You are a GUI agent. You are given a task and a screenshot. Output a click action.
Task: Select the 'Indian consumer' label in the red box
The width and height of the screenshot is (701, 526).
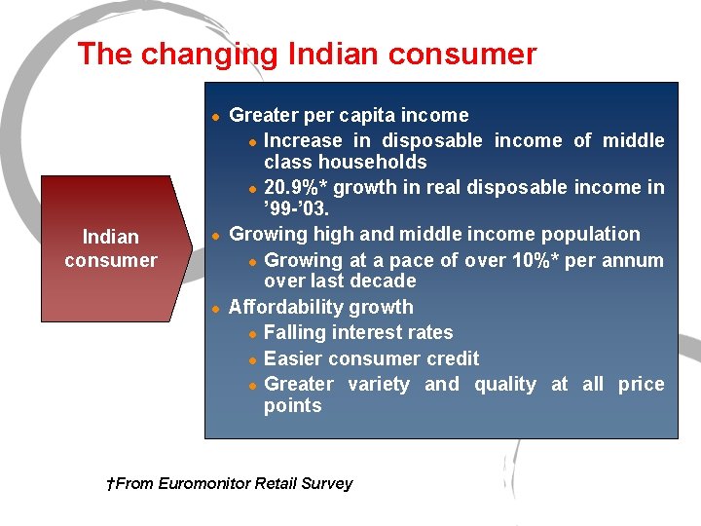[110, 248]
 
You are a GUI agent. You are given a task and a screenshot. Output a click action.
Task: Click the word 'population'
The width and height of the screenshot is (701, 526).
[590, 235]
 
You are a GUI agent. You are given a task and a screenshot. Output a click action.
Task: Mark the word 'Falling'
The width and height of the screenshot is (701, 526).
[295, 333]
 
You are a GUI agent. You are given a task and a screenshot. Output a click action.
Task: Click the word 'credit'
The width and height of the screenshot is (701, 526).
[450, 358]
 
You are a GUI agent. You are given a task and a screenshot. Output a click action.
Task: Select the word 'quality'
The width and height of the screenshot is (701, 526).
[504, 384]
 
